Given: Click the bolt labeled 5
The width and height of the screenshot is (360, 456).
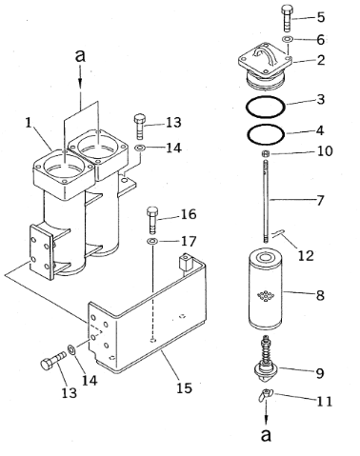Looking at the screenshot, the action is click(286, 18).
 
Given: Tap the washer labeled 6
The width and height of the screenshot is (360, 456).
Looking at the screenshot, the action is click(288, 39).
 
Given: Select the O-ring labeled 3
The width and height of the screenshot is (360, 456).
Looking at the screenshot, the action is click(266, 107).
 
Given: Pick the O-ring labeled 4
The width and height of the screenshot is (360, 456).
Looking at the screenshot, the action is click(266, 134).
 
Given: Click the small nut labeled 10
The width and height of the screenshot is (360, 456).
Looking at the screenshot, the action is click(266, 154).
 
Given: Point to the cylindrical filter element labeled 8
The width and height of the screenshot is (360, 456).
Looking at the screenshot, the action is click(266, 289).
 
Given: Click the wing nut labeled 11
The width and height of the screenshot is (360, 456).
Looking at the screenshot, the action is click(265, 396).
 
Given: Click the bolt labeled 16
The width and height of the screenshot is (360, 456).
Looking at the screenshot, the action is click(152, 220).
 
